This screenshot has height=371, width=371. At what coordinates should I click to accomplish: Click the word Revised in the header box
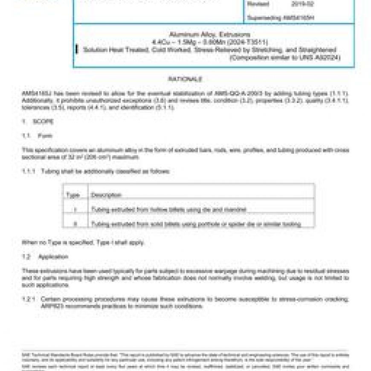pos(258,4)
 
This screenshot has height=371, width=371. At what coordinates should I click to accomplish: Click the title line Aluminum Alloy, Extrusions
pos(210,34)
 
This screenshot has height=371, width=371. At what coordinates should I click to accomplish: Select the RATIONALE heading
pos(185,79)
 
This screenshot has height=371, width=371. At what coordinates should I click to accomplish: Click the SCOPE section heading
pos(44,122)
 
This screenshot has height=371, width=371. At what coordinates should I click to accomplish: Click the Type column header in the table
pos(73,195)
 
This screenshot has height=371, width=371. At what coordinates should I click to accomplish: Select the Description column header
pos(106,195)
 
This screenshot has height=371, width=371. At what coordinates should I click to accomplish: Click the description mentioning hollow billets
pos(168,210)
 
